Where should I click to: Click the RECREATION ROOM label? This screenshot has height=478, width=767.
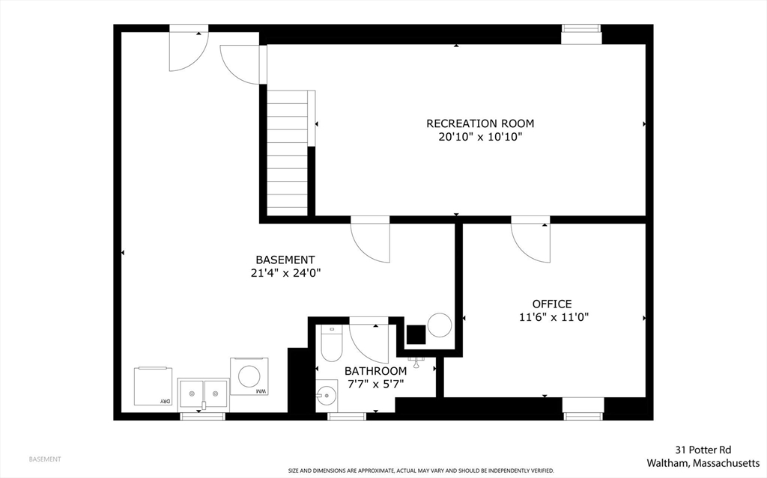coord(480,123)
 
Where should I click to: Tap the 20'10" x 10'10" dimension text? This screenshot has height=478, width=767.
coord(480,137)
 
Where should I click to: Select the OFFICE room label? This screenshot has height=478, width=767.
coord(552,304)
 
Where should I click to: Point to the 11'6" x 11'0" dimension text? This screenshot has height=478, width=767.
coord(554,317)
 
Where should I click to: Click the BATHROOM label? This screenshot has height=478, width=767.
coord(376,371)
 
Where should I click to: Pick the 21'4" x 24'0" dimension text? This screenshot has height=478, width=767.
coord(285,273)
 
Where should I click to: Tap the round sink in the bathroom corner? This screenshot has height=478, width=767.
coord(327,395)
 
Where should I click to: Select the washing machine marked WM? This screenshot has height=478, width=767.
coord(249,376)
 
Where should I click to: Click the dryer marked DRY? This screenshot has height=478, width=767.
coord(153,386)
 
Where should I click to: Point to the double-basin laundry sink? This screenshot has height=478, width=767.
coord(203,393)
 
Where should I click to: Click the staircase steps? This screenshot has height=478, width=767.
coord(287,153)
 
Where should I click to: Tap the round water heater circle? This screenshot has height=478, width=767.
coord(439,325)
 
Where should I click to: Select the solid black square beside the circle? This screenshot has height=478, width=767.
coord(416,335)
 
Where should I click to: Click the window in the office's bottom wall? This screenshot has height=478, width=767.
coord(583,408)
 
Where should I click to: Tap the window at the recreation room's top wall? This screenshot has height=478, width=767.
coord(581,34)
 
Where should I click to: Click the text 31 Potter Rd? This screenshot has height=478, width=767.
coord(703,450)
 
